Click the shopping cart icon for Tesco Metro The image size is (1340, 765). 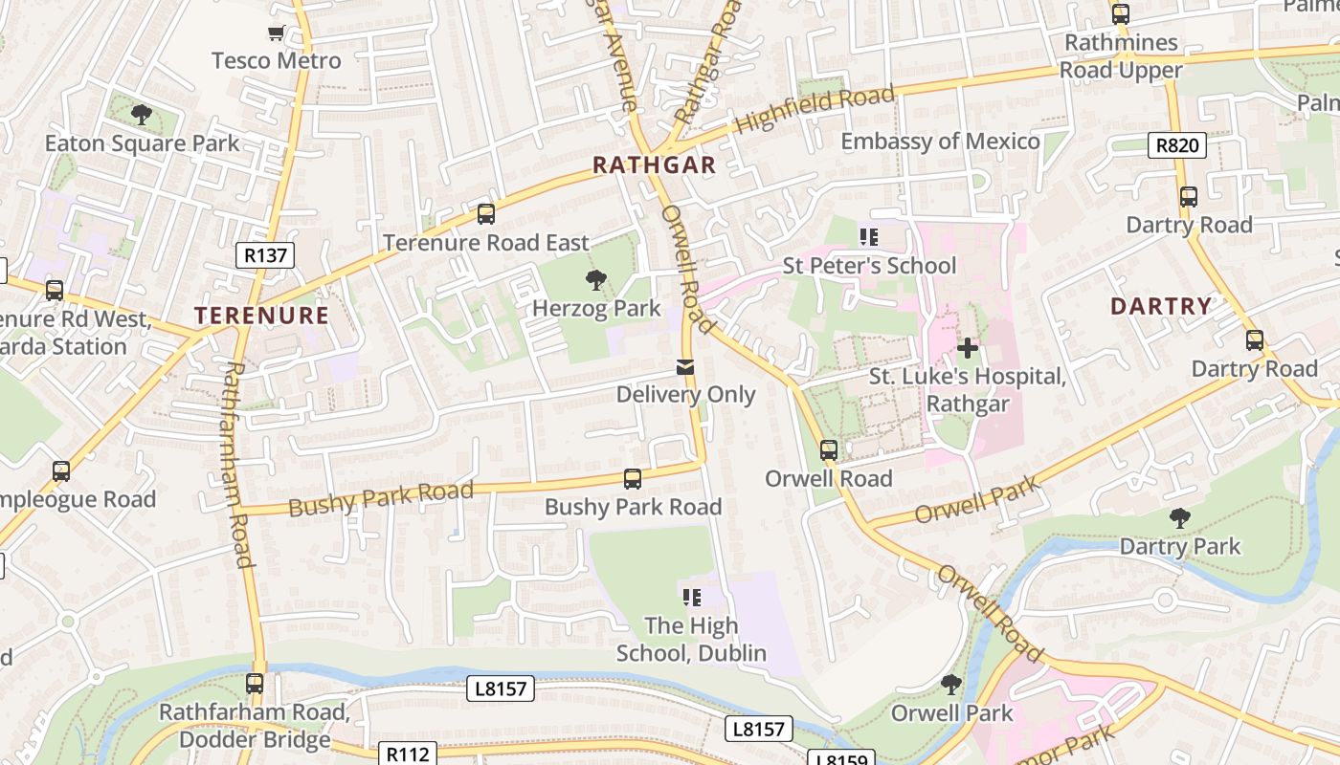[277, 34]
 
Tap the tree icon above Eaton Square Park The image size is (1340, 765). [142, 115]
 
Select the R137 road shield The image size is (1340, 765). [265, 255]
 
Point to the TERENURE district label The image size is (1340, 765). [262, 316]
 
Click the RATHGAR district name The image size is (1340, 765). [654, 165]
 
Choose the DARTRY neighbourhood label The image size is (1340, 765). [1161, 307]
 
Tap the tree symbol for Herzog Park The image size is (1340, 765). [596, 280]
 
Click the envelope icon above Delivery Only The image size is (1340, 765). [685, 367]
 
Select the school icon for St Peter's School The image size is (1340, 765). [869, 237]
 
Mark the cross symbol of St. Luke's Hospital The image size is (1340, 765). [968, 348]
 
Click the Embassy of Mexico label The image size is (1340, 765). [940, 142]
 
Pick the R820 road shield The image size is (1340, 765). [1176, 145]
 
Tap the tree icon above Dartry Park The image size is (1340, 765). [1180, 518]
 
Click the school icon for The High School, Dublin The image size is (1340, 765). [691, 598]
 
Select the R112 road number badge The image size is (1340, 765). [409, 754]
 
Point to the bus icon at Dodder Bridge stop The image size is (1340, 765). [255, 684]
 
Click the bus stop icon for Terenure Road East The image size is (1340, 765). [486, 214]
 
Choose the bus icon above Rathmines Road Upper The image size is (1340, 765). [1121, 14]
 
